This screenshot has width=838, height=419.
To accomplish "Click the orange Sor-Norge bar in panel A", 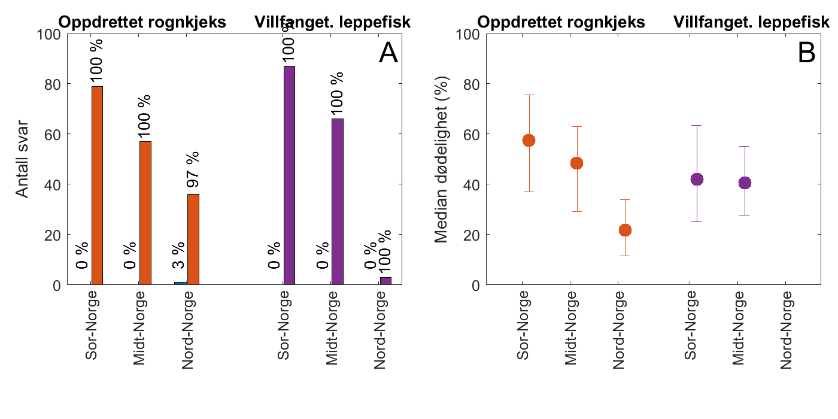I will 97,186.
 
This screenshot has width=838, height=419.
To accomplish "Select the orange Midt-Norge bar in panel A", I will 145,213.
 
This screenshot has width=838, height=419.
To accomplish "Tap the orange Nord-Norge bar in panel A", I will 193,239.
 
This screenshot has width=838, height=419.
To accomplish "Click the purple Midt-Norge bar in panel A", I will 338,202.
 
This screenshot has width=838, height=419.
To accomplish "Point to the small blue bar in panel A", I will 180,283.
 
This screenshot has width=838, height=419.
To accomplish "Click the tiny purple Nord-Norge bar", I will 385,281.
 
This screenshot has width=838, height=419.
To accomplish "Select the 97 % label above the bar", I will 193,170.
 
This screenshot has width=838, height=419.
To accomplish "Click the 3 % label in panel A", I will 179,256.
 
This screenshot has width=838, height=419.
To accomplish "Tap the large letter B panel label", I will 806,54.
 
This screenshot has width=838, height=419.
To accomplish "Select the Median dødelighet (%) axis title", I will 442,159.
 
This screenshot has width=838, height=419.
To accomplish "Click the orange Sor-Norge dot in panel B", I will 529,141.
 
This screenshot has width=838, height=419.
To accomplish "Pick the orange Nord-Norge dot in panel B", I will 625,230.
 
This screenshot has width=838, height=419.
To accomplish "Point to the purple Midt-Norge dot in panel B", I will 745,183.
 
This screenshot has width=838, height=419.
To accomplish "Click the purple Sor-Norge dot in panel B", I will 697,179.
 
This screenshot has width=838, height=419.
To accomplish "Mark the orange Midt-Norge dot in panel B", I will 576,163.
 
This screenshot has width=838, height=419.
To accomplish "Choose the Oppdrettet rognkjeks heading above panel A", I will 142,23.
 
